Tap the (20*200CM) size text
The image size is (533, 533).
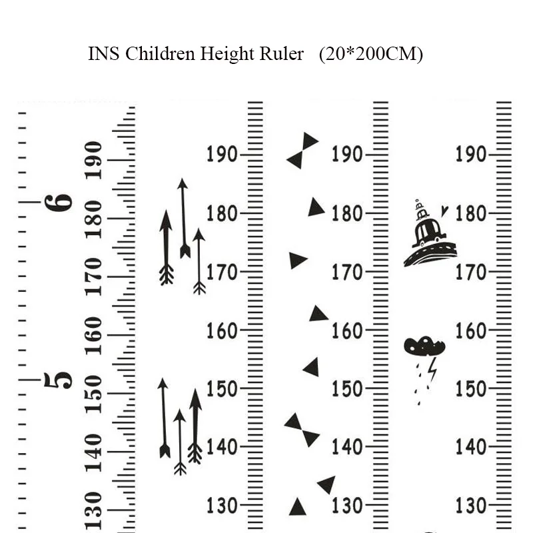(x=370, y=54)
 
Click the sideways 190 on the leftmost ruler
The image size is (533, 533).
(x=94, y=160)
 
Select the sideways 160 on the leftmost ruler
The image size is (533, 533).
(x=94, y=335)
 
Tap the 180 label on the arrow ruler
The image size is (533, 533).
(x=221, y=214)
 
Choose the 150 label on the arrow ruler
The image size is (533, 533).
(x=221, y=388)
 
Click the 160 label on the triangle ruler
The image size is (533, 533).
(x=346, y=330)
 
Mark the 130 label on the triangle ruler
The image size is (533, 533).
(x=346, y=505)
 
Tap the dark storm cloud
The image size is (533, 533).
(x=424, y=346)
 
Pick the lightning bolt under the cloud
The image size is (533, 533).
(x=433, y=368)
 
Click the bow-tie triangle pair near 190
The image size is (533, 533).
(x=302, y=151)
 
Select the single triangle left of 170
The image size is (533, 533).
(x=298, y=260)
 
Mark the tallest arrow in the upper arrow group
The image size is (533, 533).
(x=184, y=218)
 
